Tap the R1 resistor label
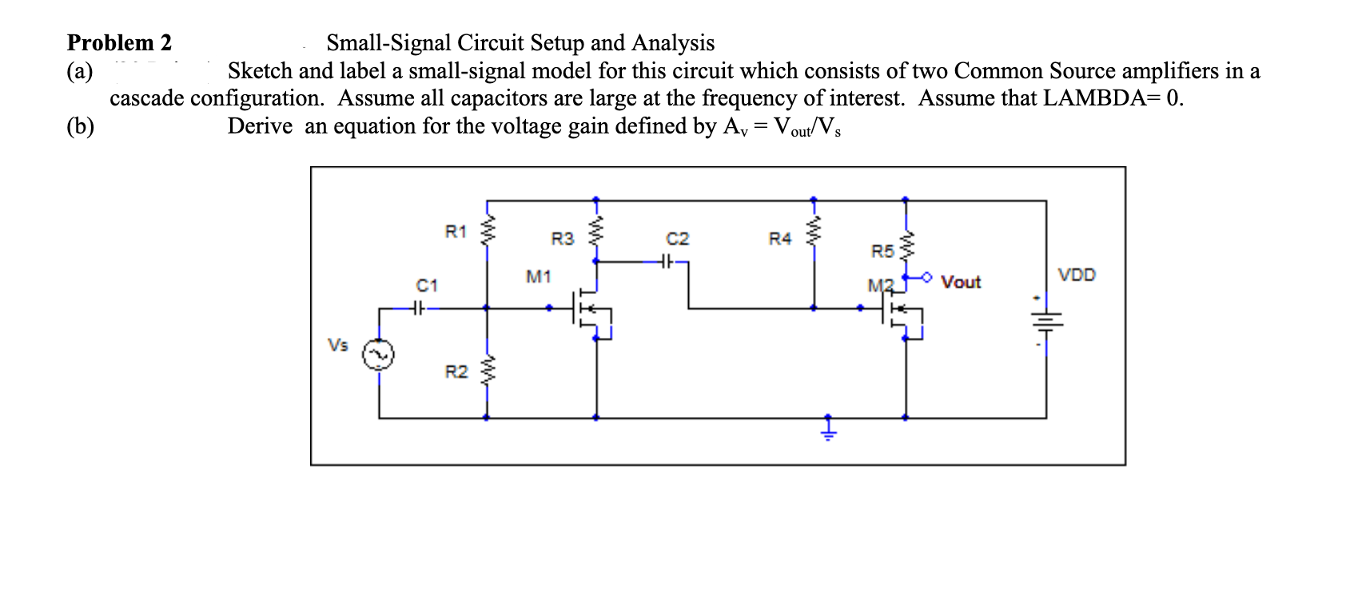tap(455, 232)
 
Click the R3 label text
tap(562, 238)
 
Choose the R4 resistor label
tap(779, 238)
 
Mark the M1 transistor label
tap(538, 277)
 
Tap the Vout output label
tap(960, 282)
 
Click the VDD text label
tap(1077, 276)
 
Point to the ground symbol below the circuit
tap(829, 431)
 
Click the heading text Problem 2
tap(119, 42)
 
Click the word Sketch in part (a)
tap(261, 71)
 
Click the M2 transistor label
tap(878, 285)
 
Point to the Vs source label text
tap(338, 345)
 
